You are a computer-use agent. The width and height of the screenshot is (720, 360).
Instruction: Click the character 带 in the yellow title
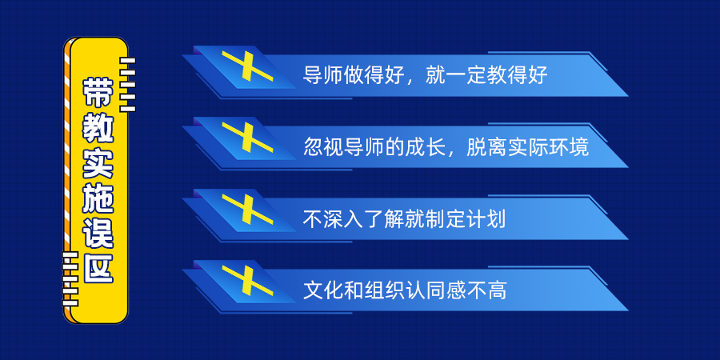(x=98, y=93)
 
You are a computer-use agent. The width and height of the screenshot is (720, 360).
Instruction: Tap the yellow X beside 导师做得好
(x=247, y=66)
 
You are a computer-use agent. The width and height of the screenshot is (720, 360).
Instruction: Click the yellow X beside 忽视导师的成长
(x=247, y=138)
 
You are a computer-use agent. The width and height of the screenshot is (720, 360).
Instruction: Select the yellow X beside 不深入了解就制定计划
(x=247, y=209)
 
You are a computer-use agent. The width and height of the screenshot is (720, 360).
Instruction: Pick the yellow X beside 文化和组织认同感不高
(x=247, y=280)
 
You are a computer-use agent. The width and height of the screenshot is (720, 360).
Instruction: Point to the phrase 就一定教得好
(x=486, y=76)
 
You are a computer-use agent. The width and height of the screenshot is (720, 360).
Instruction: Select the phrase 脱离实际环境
(x=528, y=147)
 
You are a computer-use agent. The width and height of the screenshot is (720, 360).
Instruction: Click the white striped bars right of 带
(x=128, y=85)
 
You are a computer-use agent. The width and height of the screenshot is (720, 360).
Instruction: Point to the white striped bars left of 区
(x=70, y=278)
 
